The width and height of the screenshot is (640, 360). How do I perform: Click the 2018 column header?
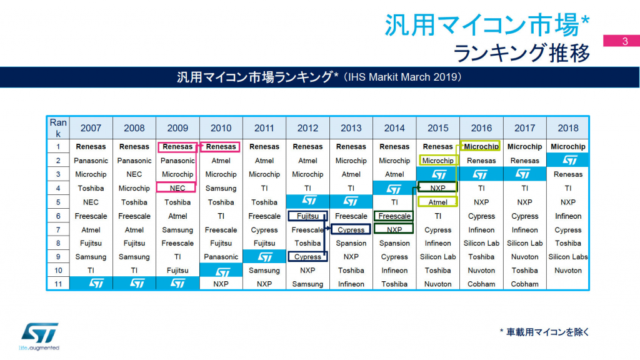tap(567, 128)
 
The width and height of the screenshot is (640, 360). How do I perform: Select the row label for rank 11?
tap(58, 284)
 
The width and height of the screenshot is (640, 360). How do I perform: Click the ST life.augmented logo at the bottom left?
tap(39, 337)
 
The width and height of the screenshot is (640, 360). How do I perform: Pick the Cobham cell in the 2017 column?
tap(524, 284)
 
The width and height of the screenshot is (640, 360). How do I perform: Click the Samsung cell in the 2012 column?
tap(307, 284)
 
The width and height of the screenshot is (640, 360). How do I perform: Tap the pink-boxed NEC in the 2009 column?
tap(177, 188)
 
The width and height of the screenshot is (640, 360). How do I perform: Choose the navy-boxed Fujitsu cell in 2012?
tap(307, 216)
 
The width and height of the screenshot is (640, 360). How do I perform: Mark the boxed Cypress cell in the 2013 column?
tap(351, 230)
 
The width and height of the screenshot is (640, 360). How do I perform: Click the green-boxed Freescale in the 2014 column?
tap(394, 216)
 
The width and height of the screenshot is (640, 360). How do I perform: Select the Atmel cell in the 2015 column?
tap(437, 202)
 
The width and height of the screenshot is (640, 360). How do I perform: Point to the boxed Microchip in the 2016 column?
tap(481, 147)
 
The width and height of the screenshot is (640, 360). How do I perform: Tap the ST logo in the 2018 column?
tap(567, 161)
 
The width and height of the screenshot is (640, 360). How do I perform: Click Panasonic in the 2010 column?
tap(221, 257)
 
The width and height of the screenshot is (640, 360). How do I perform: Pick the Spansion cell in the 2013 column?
tap(351, 243)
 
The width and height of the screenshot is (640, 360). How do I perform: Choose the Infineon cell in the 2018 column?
tap(567, 216)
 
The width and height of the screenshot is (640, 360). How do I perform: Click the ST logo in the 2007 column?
tap(91, 284)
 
